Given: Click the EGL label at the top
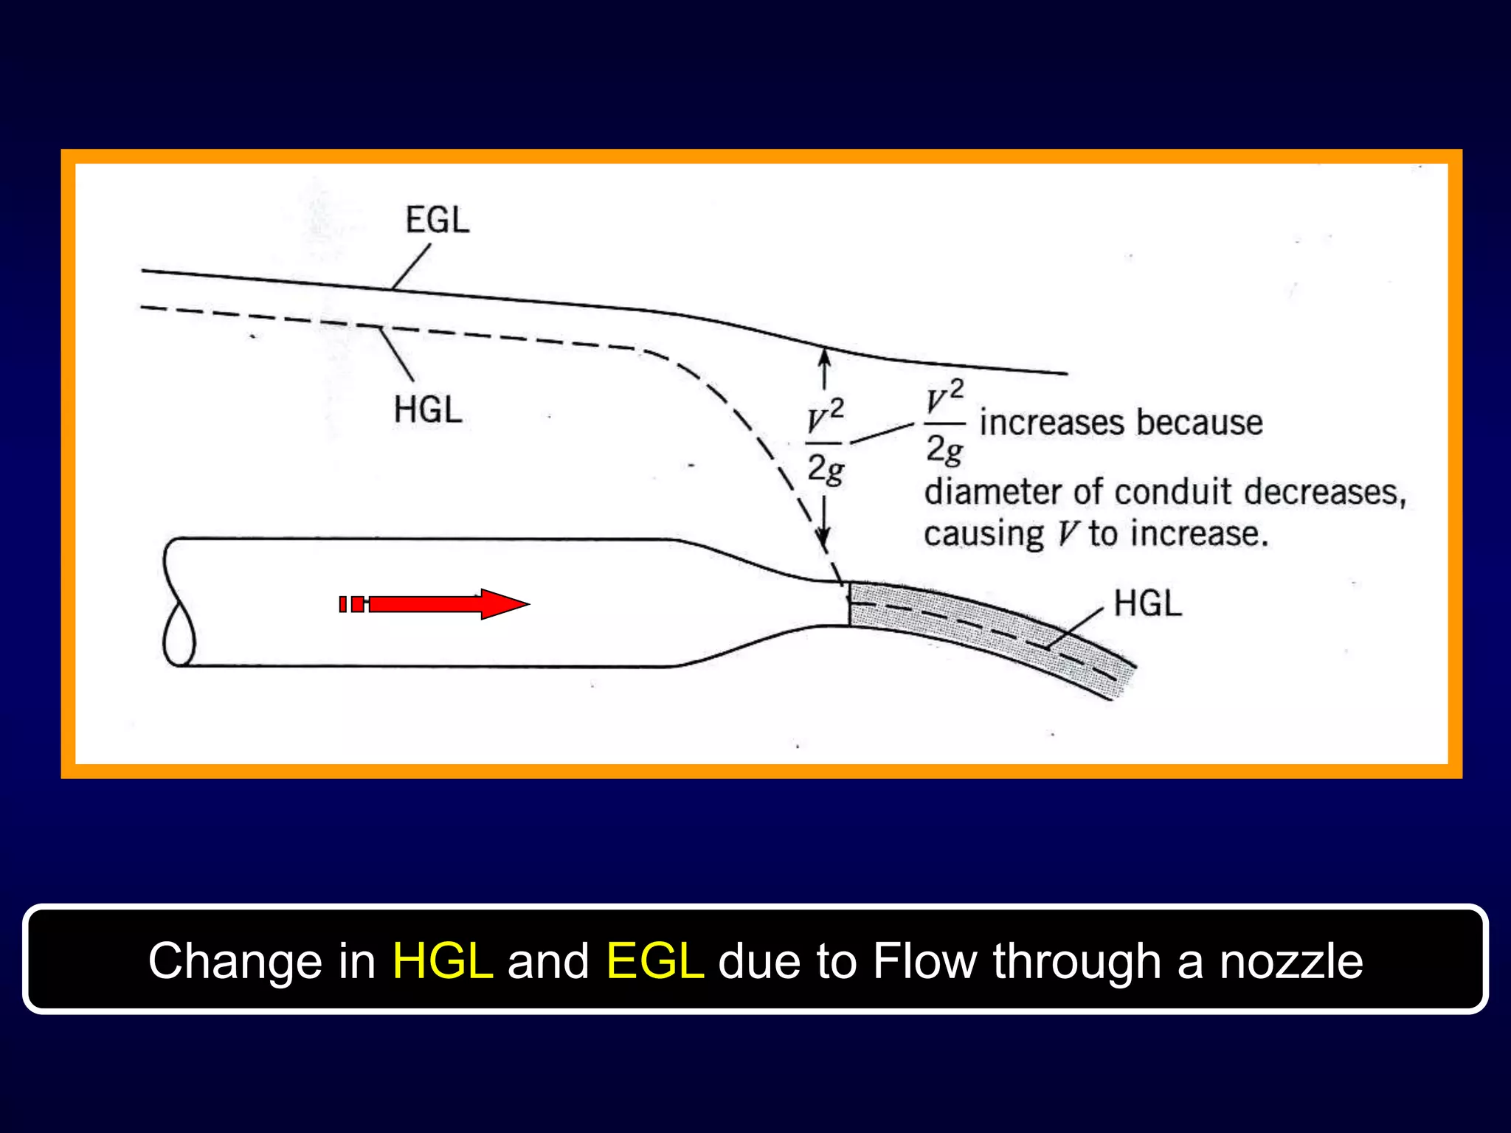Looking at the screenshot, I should click(x=437, y=220).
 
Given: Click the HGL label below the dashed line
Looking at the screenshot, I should click(x=428, y=409).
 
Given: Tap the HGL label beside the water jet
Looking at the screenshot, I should click(x=1147, y=603).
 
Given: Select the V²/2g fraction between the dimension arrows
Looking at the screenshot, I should click(x=825, y=443).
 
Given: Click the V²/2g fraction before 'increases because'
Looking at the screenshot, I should click(x=945, y=423).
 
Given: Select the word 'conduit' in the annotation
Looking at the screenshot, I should click(x=1173, y=492).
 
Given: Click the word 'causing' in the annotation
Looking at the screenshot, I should click(x=983, y=534).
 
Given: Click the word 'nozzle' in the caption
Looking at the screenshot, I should click(x=1290, y=961).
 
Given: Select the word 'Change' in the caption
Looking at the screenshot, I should click(x=235, y=961).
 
